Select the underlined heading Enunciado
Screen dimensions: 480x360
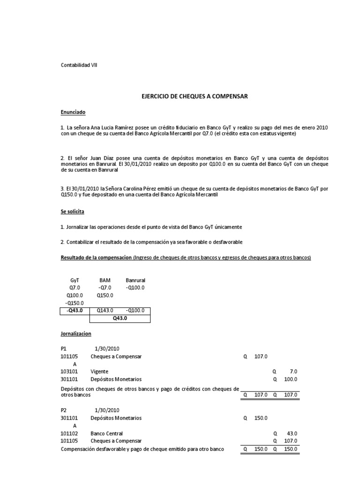73,112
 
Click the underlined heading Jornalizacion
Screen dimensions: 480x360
76,334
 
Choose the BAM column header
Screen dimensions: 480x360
105,280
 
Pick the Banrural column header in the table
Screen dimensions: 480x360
135,280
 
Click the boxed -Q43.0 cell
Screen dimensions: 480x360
75,310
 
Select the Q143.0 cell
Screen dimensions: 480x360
105,310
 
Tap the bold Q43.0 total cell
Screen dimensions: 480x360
120,318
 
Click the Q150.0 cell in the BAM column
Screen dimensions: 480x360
105,295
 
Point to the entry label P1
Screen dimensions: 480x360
64,349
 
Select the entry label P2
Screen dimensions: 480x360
64,410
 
